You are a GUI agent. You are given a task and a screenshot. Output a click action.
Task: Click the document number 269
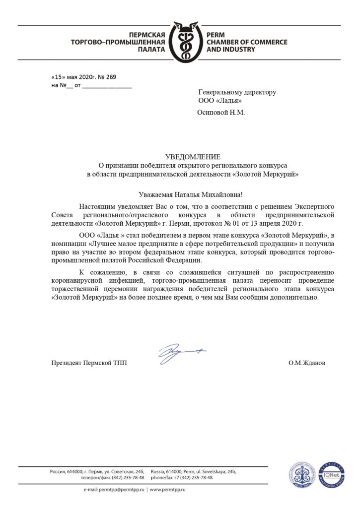point(110,77)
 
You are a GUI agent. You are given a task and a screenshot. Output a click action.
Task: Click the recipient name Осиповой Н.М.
point(221,112)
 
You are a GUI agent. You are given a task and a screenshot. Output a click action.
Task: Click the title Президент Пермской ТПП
point(89,363)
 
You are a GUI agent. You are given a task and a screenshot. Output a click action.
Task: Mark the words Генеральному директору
point(237,92)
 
